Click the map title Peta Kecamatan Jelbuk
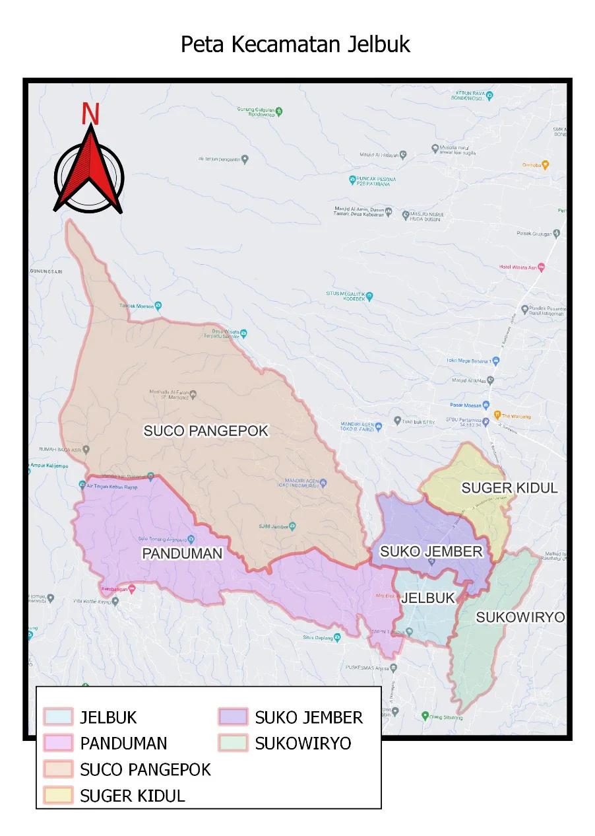[296, 44]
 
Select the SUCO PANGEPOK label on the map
[206, 431]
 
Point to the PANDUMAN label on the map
[183, 553]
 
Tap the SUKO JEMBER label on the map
[431, 551]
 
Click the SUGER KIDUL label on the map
[509, 488]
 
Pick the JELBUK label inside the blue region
[428, 598]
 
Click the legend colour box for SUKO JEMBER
[232, 717]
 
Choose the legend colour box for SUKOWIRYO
[232, 744]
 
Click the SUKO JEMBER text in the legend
[309, 717]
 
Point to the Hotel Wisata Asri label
[518, 267]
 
